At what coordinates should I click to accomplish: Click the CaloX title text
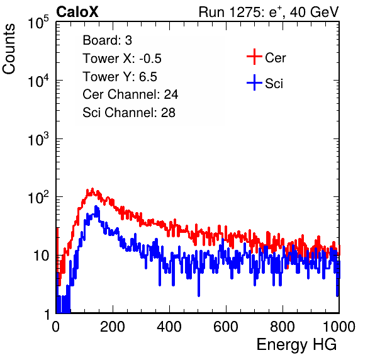click(77, 12)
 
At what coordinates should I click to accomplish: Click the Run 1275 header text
click(269, 12)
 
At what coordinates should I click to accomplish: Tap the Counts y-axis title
click(9, 49)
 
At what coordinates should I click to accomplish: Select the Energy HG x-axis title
click(296, 345)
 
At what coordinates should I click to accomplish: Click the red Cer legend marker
click(254, 57)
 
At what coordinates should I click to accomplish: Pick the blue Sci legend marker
click(254, 83)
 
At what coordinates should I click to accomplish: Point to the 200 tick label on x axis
click(113, 327)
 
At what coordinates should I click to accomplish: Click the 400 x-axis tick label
click(169, 327)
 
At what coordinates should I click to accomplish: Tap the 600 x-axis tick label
click(226, 327)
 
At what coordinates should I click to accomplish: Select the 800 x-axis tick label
click(283, 327)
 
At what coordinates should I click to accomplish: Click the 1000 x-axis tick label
click(339, 327)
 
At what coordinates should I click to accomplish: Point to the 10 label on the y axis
click(42, 256)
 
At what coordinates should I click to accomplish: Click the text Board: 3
click(107, 40)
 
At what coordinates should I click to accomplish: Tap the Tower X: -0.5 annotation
click(122, 59)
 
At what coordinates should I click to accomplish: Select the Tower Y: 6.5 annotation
click(120, 77)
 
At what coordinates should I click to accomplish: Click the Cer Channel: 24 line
click(130, 94)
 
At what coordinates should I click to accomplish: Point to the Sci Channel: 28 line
click(129, 113)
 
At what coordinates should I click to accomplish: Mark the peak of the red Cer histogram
click(92, 189)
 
